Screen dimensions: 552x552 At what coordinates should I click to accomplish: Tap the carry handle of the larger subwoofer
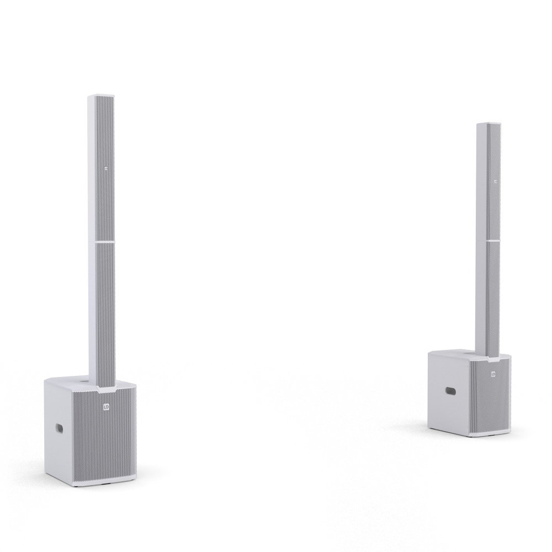(59, 428)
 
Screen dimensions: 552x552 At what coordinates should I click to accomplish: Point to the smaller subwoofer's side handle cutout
(450, 391)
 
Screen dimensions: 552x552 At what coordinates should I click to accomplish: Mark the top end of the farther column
(489, 124)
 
